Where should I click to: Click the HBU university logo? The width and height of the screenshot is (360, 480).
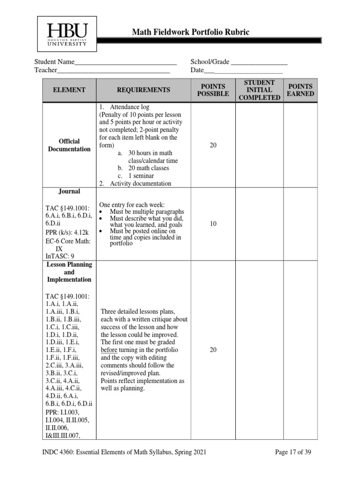67,34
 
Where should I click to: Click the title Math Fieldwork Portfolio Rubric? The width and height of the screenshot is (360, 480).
190,32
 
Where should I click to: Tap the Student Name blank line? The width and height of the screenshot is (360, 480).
125,63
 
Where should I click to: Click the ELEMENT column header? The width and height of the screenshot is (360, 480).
69,90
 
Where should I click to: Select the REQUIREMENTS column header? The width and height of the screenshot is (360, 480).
143,90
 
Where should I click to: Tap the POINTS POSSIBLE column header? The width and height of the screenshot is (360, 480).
213,90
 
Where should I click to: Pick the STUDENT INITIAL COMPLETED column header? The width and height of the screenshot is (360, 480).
259,90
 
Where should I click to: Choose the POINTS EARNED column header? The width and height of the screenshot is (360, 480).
300,90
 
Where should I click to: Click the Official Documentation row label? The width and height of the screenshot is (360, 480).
69,145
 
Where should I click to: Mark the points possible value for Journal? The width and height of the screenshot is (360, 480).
213,224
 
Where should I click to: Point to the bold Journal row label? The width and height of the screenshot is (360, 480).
69,192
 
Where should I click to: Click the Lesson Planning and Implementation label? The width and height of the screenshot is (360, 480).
69,272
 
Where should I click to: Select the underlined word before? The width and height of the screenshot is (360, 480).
109,350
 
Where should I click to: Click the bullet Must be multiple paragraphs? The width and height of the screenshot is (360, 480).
147,212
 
